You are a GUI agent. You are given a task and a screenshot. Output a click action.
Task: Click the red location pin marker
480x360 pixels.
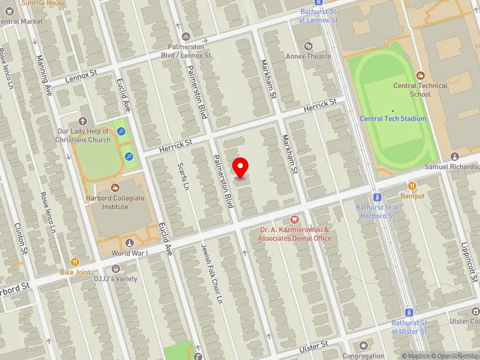point(241,167)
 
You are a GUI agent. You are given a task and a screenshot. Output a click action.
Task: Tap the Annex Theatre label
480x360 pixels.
point(308,56)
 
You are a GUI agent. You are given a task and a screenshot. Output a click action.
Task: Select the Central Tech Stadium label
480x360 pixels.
point(393,119)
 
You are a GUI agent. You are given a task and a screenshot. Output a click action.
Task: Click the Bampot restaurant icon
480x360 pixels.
point(412,186)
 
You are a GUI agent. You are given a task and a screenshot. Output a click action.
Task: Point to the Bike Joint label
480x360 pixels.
point(74,272)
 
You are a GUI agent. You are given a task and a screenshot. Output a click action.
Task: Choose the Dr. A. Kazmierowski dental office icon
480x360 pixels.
point(294,220)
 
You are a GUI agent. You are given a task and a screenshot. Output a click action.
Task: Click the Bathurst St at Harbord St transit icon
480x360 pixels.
point(377,197)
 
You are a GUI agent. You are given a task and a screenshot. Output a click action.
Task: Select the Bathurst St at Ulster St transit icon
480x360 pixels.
point(409,313)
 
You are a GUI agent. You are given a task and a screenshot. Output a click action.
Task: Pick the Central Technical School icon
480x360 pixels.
point(420,76)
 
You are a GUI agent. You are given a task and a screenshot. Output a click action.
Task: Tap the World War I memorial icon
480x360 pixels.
point(130,243)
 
